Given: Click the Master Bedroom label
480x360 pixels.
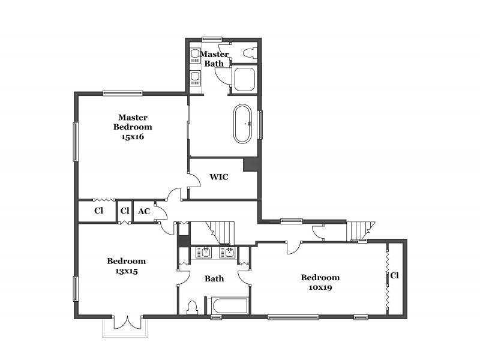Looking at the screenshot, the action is (133, 122).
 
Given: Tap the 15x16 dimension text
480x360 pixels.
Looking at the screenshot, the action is (133, 137).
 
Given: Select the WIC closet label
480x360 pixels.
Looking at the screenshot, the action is (219, 177).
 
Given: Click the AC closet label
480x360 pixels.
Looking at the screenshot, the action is (144, 211).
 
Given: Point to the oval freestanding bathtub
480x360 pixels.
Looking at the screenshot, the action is (243, 124).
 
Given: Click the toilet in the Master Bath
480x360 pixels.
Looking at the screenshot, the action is (250, 53).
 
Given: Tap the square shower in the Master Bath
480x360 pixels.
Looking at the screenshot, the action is (244, 79).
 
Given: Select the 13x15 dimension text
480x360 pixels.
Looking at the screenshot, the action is (127, 271).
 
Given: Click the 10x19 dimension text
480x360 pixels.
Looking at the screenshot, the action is (320, 287).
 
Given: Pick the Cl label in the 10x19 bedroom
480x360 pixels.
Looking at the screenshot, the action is (395, 276).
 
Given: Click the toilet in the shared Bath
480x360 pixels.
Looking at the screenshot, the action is (192, 307).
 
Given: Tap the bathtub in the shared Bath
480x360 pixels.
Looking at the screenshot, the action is (228, 306).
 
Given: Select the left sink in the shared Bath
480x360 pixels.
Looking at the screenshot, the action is (206, 253).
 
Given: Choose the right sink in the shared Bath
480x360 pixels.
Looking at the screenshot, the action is (229, 253).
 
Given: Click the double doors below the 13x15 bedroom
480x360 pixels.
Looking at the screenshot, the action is (127, 322).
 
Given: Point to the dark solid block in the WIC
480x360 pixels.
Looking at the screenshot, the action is (250, 165).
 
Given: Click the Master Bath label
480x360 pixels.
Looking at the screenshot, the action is (214, 59).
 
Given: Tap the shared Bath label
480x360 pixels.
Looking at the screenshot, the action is (214, 278).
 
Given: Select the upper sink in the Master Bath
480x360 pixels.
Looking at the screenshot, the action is (195, 55).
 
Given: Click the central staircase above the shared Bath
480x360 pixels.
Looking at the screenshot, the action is (220, 232).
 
